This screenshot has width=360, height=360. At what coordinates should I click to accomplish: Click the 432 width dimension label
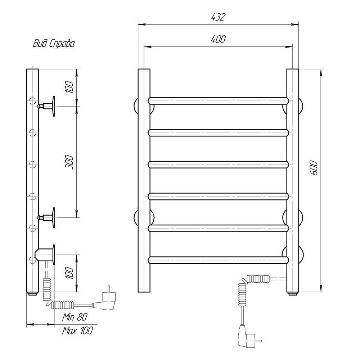[x=218, y=17]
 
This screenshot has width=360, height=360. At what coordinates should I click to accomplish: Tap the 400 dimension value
[x=218, y=39]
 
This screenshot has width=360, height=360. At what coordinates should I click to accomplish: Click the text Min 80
[x=75, y=317]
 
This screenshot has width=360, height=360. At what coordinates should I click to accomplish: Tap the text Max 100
[x=78, y=330]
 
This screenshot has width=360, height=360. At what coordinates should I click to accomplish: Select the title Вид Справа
[x=54, y=44]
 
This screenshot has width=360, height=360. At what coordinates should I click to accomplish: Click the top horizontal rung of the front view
[x=218, y=101]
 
